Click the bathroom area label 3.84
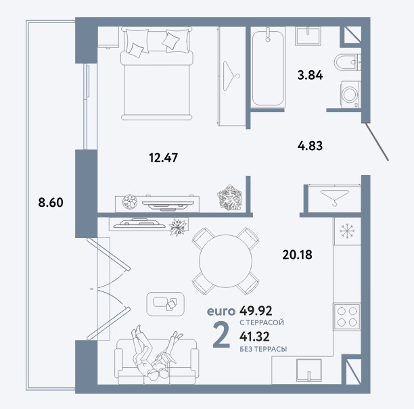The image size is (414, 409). click(x=310, y=76)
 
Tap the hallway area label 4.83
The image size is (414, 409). click(x=310, y=146)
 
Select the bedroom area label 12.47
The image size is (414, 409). click(x=164, y=158)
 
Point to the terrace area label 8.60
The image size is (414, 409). click(x=51, y=203)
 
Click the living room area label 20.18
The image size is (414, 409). click(x=297, y=255)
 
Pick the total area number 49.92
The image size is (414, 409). click(x=256, y=311)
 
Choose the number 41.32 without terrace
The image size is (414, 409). click(x=254, y=337)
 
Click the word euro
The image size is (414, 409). click(x=221, y=312)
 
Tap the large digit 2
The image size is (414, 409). click(x=221, y=335)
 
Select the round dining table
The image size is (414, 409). click(x=225, y=261)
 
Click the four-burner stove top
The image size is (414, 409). click(x=347, y=316)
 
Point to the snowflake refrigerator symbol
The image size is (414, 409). click(x=347, y=231)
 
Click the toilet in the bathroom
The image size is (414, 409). click(x=347, y=62)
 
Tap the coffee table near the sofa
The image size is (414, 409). click(x=166, y=304)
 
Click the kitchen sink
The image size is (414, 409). click(x=309, y=370)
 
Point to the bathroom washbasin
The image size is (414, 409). click(x=308, y=36)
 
